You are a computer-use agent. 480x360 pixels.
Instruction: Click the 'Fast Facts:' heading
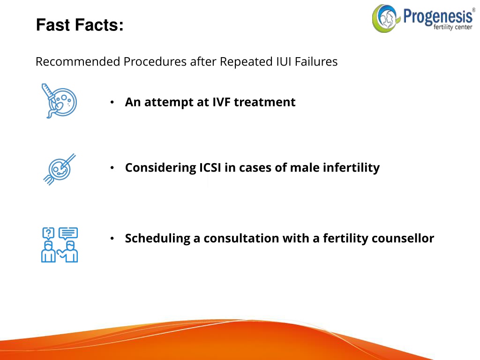(80, 25)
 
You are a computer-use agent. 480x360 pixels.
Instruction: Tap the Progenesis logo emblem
(385, 18)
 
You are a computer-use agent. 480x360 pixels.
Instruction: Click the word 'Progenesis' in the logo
(438, 17)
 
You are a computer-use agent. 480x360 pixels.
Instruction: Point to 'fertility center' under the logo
(453, 27)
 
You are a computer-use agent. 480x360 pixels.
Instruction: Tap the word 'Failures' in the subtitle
(316, 61)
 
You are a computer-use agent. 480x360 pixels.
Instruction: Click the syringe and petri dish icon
(59, 101)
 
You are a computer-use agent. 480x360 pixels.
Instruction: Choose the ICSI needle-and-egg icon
(60, 169)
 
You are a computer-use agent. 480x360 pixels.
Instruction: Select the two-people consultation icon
(60, 245)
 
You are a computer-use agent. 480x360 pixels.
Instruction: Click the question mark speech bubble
(48, 233)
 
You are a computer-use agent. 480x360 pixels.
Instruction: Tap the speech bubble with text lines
(68, 233)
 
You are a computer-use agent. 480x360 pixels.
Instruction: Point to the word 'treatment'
(264, 102)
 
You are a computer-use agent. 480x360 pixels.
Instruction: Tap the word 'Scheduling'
(157, 239)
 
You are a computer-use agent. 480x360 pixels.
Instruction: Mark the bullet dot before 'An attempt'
(112, 102)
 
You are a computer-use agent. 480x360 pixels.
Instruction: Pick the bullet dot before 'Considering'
(112, 168)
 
